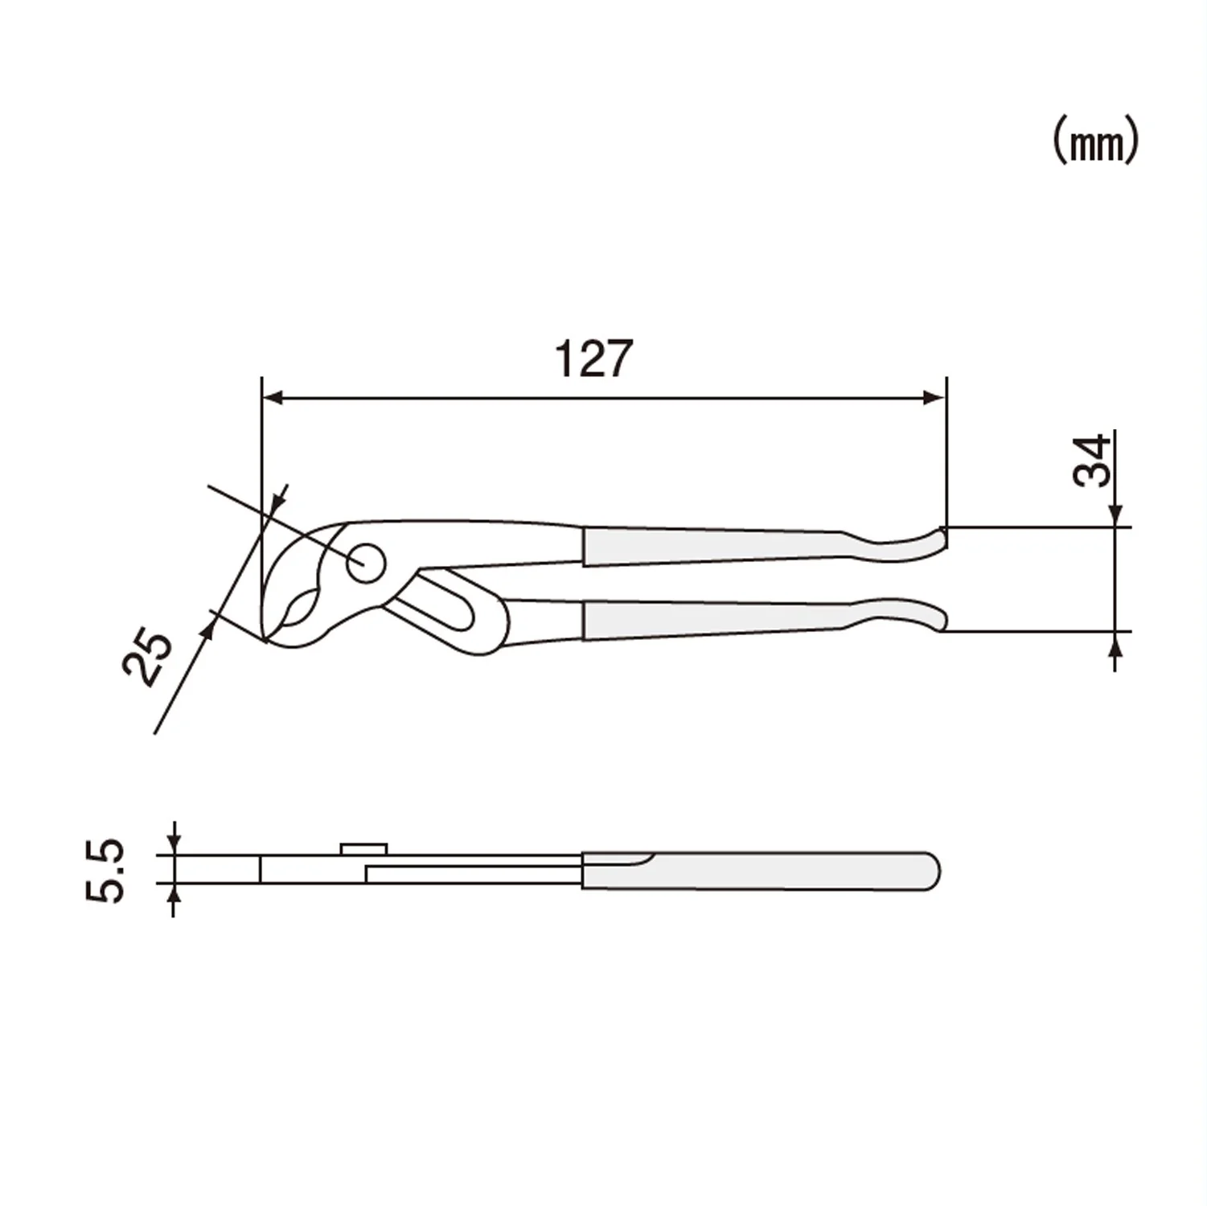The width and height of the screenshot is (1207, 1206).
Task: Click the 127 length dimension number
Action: tap(594, 359)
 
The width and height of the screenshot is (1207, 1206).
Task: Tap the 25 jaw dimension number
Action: tap(149, 658)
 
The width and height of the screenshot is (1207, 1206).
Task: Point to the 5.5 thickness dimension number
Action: tap(105, 871)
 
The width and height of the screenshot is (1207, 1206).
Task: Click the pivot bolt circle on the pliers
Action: tap(365, 562)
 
